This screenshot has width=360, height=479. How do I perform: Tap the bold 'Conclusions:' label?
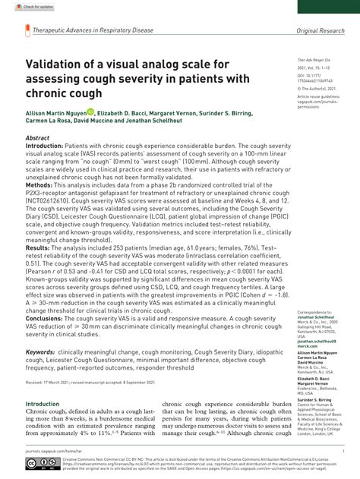point(46,318)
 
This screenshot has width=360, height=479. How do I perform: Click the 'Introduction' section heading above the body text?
point(47,404)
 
